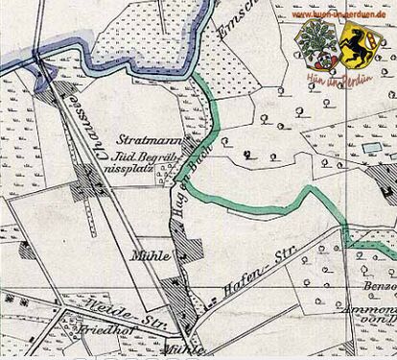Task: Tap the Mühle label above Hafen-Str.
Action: click(x=146, y=257)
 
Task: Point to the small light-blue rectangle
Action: click(x=369, y=149)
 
